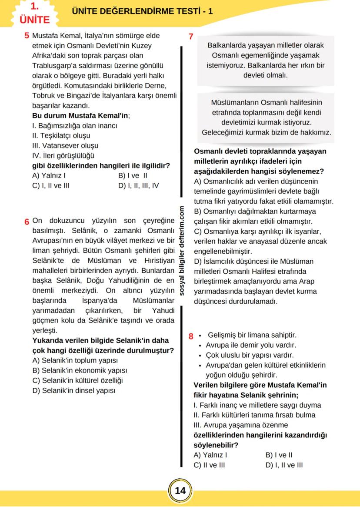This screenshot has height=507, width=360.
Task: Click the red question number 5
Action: point(27,36)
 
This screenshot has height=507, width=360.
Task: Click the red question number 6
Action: point(27,221)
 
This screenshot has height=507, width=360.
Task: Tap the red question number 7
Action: point(190,37)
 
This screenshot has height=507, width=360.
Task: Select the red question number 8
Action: point(190,336)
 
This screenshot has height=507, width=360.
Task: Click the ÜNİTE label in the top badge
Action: point(34,20)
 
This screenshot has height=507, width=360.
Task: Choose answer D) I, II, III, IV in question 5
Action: point(138,185)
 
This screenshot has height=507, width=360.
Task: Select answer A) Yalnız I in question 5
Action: point(49,176)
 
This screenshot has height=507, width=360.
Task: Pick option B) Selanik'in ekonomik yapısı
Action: point(80,370)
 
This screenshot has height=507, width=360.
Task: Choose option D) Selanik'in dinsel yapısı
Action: point(74,390)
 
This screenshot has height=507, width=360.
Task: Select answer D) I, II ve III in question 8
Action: point(284,465)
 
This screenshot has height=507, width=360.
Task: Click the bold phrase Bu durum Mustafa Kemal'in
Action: point(81,116)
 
